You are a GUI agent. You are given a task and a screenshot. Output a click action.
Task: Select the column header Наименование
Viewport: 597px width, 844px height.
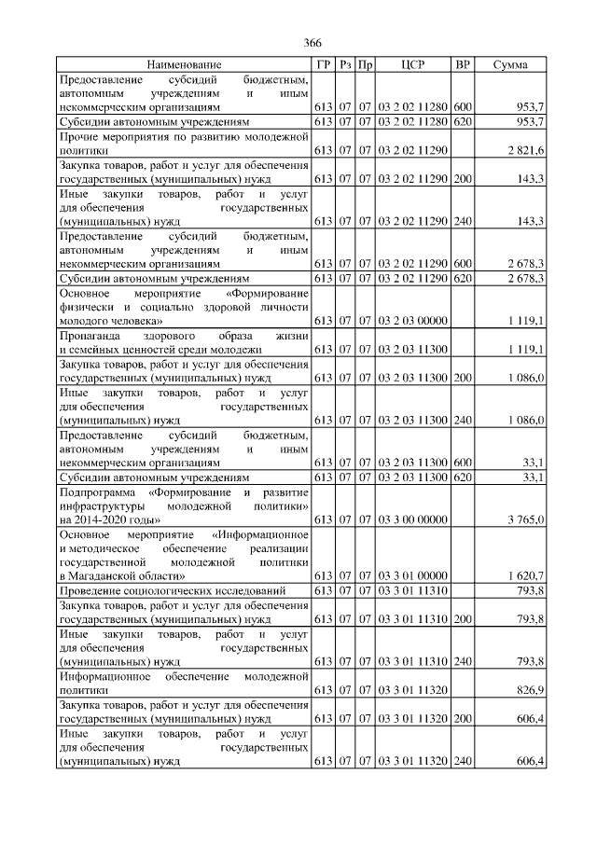click(185, 64)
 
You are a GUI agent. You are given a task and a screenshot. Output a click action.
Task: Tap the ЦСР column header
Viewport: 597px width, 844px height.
click(412, 64)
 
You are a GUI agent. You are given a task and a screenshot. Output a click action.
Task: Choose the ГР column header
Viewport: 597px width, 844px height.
click(323, 64)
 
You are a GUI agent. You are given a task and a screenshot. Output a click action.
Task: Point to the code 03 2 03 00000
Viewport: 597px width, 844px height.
click(412, 320)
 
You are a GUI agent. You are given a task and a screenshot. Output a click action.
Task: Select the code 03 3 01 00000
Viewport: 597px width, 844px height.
click(412, 574)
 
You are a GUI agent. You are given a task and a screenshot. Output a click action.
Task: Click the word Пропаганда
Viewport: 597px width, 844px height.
click(90, 334)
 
